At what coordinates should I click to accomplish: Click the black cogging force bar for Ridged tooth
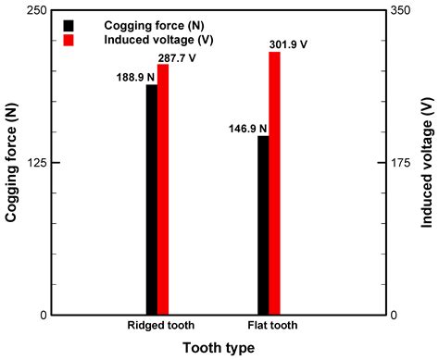152,199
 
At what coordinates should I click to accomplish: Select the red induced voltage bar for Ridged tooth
163,190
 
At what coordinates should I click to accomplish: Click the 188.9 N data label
128,77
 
